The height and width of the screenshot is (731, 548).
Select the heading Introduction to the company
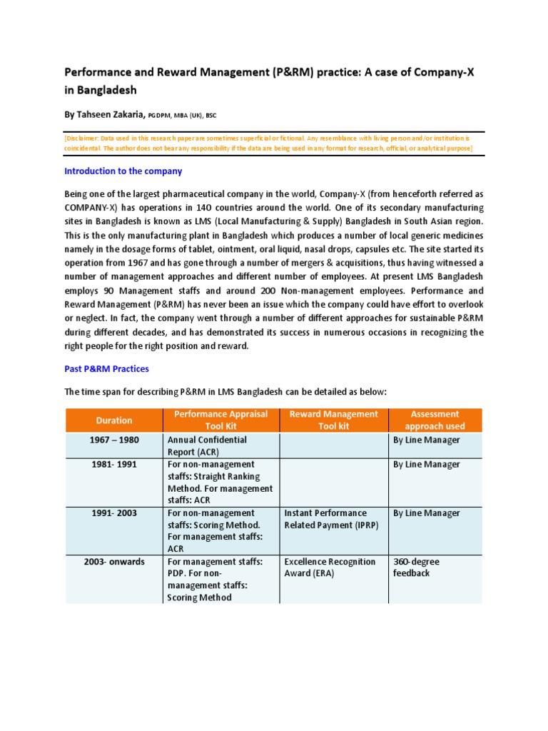tap(123, 171)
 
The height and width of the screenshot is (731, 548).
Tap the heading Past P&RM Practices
tap(106, 369)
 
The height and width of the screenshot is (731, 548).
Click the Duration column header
tap(114, 420)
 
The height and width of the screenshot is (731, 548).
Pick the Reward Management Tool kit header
tap(333, 420)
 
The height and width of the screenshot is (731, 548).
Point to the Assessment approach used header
tap(435, 420)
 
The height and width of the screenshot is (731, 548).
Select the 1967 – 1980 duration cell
tap(114, 440)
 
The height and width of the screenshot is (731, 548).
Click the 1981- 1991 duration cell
tap(114, 465)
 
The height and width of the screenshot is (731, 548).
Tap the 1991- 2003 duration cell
tap(114, 513)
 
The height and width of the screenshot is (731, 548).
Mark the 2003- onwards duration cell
tap(114, 562)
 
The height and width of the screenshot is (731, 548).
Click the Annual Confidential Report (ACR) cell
tap(206, 446)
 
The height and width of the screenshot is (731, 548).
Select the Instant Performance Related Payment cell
tap(325, 519)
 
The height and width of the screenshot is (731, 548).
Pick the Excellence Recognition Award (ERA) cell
tap(330, 568)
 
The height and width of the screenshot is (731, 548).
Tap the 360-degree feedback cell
tap(417, 568)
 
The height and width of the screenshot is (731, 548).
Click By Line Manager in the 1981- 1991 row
tap(427, 465)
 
